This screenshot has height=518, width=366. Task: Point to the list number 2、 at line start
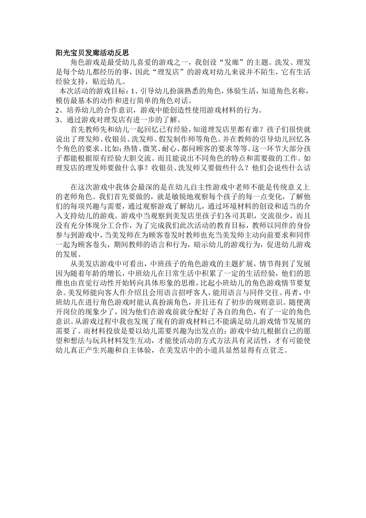point(59,110)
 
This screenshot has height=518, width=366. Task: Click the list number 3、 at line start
point(59,119)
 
